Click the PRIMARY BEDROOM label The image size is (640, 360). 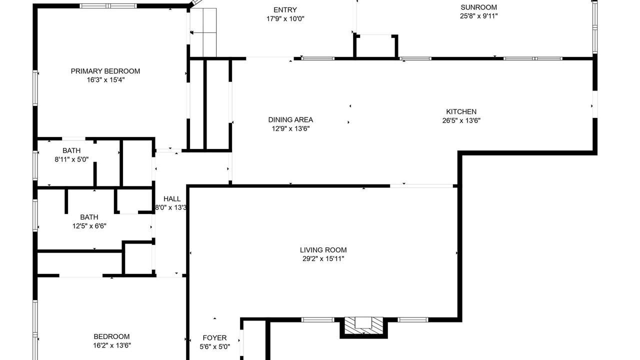point(105,71)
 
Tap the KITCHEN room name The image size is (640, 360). point(461,111)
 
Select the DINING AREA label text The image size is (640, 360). point(290,119)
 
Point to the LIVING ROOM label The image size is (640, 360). point(323,250)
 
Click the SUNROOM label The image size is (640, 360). point(478,7)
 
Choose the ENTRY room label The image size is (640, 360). point(285,10)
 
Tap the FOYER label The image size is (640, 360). point(214,338)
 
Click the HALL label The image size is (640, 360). point(172,199)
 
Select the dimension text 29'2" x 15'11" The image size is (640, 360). point(323,259)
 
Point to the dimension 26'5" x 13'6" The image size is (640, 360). point(461,120)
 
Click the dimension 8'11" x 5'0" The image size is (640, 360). point(71,159)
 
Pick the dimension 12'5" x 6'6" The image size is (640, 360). point(89,226)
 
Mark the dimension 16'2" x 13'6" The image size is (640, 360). point(111,345)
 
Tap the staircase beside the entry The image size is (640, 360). point(203,32)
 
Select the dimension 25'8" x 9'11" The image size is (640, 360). point(478,16)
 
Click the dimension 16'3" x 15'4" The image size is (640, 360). point(105,80)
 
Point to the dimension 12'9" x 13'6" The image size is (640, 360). point(290,128)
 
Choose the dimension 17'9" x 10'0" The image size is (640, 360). point(285,19)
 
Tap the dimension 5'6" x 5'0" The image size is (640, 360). point(214,347)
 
